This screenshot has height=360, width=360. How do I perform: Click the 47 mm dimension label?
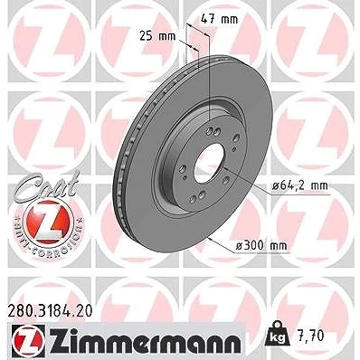click(219, 20)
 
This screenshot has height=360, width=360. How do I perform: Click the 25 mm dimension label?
click(157, 36)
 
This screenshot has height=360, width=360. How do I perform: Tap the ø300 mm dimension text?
click(261, 246)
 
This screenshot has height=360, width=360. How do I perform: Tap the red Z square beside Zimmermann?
click(29, 342)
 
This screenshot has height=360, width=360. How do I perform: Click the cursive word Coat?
click(48, 185)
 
